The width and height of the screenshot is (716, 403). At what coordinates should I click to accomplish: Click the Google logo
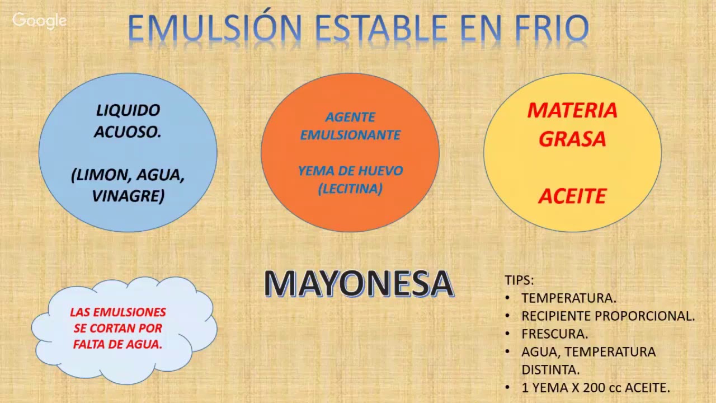click(39, 21)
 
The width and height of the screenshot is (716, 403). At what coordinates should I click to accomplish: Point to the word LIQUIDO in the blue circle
click(128, 110)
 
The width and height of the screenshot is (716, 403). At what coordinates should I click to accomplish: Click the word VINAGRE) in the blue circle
click(128, 196)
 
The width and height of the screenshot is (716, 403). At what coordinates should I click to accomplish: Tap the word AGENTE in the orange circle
click(350, 118)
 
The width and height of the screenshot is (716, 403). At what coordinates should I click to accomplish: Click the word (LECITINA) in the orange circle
click(350, 189)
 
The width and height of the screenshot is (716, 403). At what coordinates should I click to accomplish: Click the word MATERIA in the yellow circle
click(572, 110)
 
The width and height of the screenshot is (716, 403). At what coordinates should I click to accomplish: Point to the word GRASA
click(572, 139)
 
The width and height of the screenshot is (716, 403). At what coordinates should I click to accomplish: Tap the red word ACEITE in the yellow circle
click(572, 196)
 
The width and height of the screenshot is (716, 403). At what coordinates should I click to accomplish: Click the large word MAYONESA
click(358, 284)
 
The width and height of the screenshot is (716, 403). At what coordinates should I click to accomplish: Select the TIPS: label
click(519, 280)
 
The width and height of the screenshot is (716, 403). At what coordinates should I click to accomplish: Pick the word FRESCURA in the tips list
click(554, 334)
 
